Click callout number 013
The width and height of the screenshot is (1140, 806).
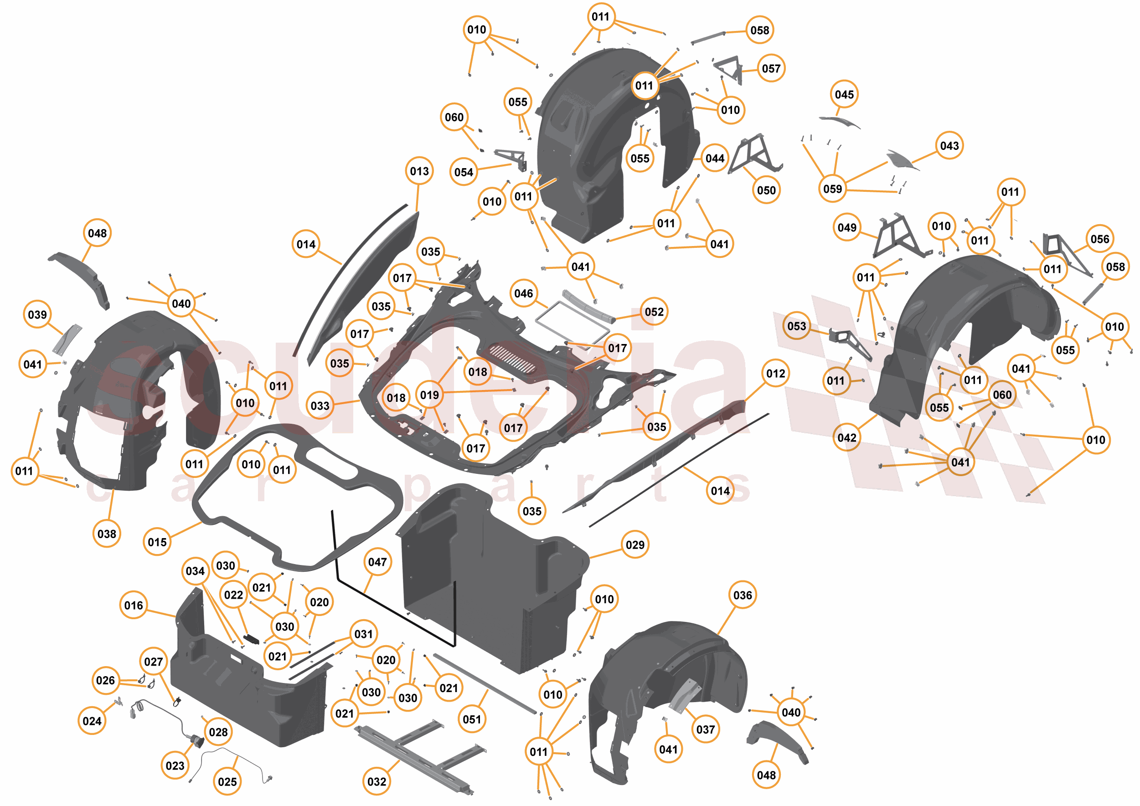point(419,171)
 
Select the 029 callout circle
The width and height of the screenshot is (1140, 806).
point(635,544)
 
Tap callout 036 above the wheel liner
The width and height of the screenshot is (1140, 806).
point(743,595)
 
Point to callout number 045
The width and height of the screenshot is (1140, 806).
point(844,94)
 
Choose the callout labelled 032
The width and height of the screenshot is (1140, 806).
point(377,782)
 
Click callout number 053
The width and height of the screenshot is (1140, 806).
point(796,326)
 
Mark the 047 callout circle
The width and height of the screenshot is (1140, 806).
point(377,562)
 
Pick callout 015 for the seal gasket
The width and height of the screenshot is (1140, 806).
point(157,542)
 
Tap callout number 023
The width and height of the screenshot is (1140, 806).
point(175,766)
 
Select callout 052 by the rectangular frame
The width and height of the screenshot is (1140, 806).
point(654,312)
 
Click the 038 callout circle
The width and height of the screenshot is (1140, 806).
point(107,534)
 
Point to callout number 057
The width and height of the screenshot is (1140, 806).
point(771,68)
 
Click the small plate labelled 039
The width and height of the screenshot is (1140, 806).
point(67,340)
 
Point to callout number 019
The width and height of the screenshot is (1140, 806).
point(429,395)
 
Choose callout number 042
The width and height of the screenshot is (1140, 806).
point(846,437)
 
